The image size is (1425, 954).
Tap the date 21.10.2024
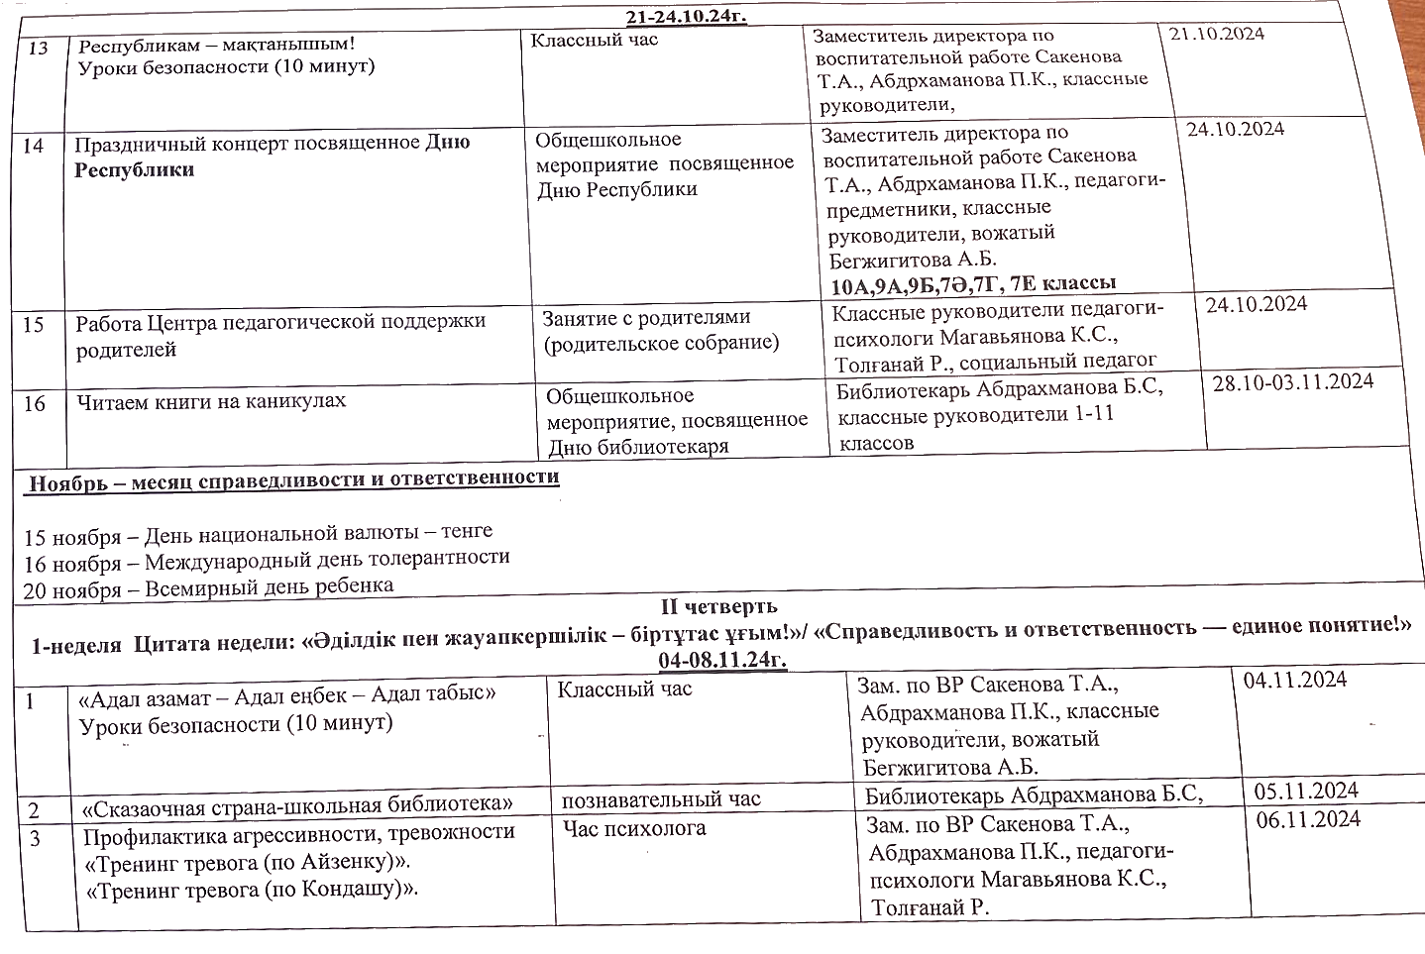(1216, 34)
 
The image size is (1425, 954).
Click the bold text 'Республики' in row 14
(134, 169)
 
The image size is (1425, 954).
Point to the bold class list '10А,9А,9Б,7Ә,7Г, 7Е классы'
(973, 284)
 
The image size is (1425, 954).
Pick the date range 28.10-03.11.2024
(1292, 381)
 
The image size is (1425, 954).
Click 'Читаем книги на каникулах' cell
(212, 401)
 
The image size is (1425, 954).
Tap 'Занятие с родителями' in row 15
(645, 317)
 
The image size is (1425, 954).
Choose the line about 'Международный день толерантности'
(267, 560)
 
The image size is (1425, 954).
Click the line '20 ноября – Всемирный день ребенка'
(209, 586)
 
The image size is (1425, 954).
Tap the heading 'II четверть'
(719, 605)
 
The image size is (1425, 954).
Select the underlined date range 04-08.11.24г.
(721, 658)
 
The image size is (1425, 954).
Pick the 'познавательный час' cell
(660, 798)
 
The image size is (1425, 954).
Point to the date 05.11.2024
(1305, 791)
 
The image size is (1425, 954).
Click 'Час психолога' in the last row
(633, 827)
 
